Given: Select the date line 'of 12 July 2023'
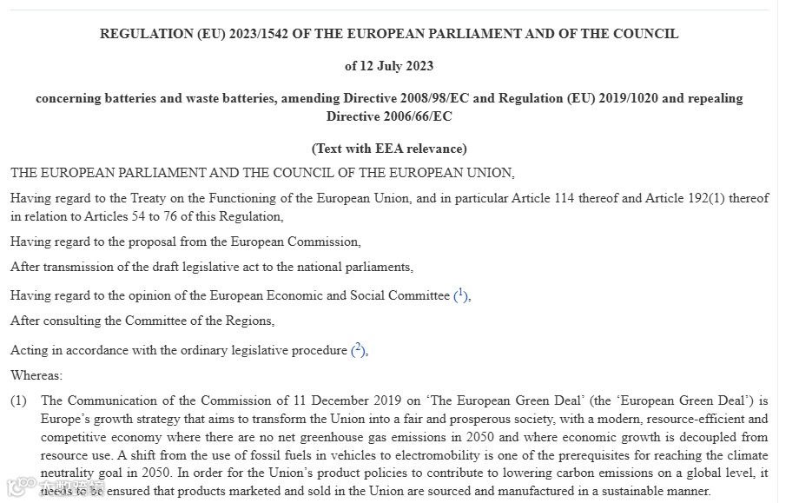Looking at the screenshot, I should [x=389, y=66].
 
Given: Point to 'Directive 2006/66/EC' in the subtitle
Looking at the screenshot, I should [x=389, y=116].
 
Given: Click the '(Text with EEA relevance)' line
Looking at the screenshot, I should [x=389, y=149].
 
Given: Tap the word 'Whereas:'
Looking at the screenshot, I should [x=36, y=376].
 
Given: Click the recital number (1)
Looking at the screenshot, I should [x=19, y=400].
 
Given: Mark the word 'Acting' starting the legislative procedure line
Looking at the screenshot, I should [x=29, y=350].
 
